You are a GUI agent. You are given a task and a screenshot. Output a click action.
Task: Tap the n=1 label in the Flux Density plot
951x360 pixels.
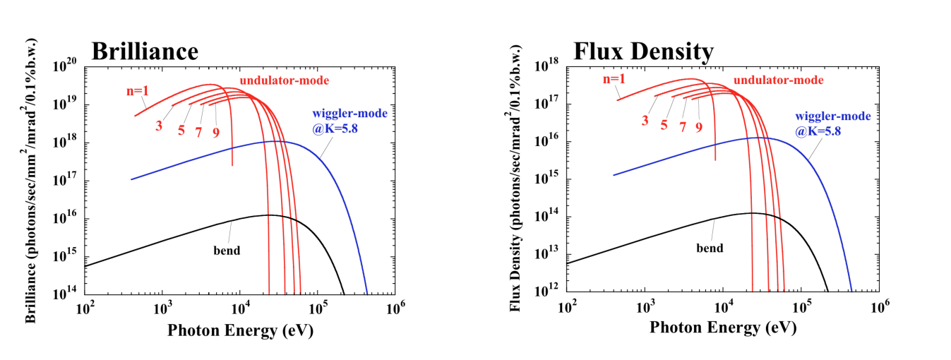614,78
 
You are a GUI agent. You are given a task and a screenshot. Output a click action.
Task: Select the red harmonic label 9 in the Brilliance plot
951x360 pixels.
216,132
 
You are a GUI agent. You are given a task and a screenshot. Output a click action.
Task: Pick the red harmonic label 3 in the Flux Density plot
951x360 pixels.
645,120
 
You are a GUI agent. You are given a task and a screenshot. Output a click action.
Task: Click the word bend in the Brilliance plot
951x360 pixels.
227,250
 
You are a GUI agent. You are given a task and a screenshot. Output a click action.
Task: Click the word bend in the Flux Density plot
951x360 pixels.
710,248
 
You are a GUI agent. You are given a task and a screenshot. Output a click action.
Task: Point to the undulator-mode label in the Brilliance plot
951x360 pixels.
284,80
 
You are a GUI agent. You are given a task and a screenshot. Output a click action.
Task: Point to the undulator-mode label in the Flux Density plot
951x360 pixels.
779,80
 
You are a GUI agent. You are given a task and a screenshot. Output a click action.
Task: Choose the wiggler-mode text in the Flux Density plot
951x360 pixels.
833,116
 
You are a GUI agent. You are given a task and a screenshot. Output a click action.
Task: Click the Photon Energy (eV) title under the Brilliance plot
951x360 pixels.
240,330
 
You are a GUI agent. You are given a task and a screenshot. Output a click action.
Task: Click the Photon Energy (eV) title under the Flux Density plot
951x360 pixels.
722,328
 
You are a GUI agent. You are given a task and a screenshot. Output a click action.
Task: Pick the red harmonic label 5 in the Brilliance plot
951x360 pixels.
181,130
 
